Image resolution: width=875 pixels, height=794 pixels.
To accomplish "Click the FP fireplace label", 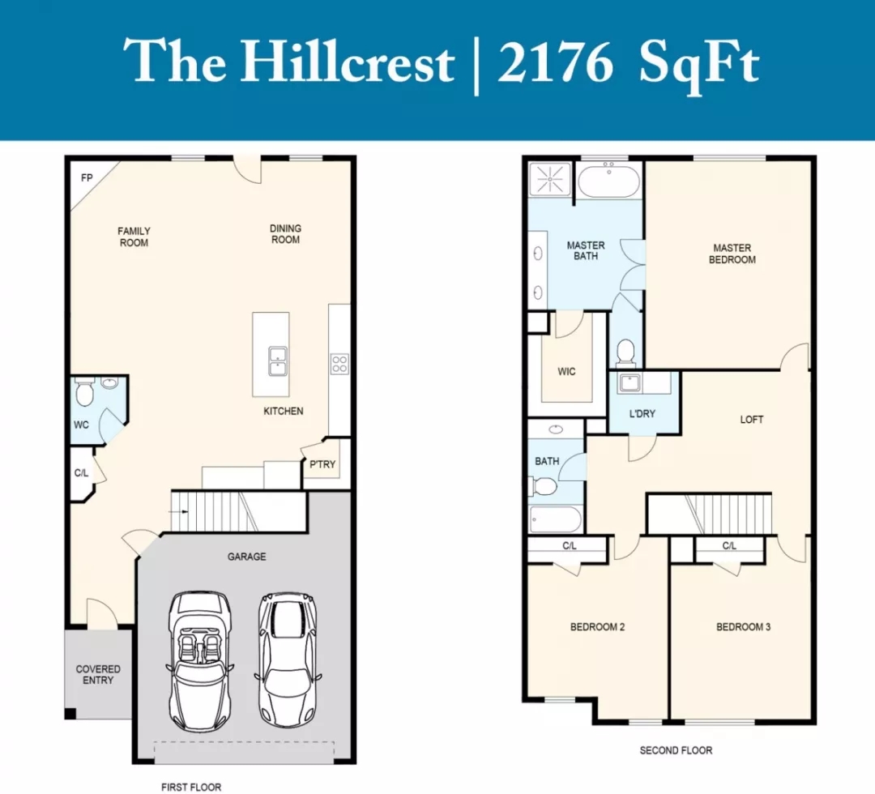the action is point(87,178).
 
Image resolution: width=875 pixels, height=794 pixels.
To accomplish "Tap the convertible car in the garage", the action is point(200,661).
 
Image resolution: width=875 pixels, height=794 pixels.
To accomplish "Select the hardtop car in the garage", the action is point(288,660).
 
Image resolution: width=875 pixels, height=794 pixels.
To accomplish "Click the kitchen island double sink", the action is point(278,361).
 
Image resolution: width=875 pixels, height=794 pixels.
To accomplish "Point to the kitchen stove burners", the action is point(339,365).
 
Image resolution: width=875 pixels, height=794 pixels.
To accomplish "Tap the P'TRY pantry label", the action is point(322,464).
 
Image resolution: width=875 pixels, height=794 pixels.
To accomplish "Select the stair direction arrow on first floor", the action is point(180,511).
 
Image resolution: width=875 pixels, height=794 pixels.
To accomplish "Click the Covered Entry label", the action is point(98,674).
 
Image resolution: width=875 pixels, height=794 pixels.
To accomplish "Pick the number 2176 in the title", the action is point(555,63).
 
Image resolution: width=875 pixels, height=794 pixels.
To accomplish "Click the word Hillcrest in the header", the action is point(347,62).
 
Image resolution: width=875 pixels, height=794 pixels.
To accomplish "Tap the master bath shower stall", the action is point(549,178).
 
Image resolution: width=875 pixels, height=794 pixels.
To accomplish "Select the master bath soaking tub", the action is point(608,180).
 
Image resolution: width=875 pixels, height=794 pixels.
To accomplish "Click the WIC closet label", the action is point(566,372).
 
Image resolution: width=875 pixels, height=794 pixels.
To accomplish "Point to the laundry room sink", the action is point(630,383).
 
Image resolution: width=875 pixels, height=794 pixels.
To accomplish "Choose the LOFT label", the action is point(752,420).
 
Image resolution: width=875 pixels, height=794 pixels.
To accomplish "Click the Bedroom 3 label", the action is point(743,627).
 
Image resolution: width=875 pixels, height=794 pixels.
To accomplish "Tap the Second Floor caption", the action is point(676,750).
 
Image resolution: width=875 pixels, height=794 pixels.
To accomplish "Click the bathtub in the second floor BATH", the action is point(555,519).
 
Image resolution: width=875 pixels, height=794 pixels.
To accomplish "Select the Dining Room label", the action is point(285,234).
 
